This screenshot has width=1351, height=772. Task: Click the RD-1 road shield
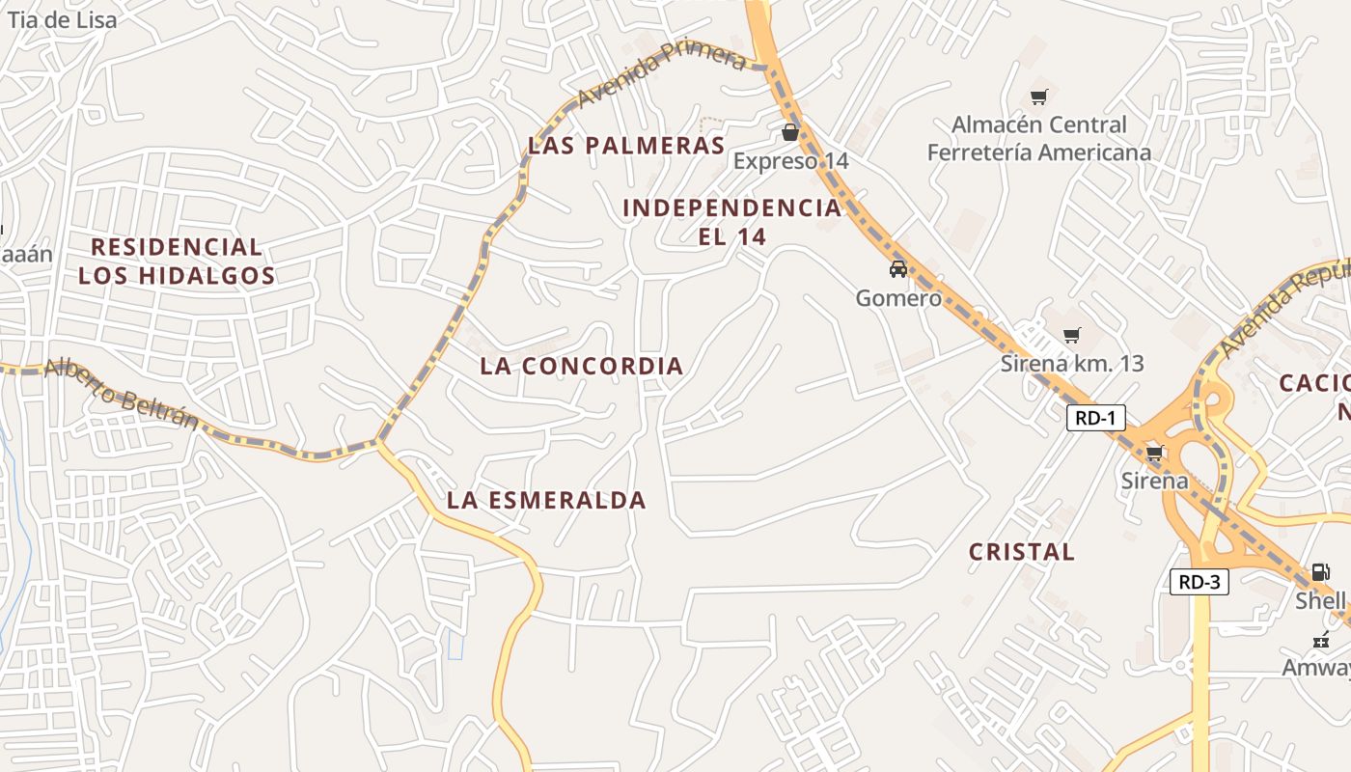tap(1095, 418)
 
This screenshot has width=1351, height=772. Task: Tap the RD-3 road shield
tap(1199, 582)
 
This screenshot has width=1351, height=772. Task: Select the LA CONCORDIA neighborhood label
tap(581, 367)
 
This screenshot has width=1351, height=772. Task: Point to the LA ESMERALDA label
tap(546, 501)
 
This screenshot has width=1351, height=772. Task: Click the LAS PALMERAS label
tap(625, 147)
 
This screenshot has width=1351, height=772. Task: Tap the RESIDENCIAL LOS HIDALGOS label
tap(177, 262)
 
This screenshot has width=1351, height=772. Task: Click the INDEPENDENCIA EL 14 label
tap(731, 222)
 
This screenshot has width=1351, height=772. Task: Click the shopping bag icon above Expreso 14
tap(790, 132)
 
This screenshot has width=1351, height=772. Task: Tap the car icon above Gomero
tap(897, 269)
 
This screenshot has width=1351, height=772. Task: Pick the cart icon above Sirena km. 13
tap(1071, 336)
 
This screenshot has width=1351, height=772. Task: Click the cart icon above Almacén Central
tap(1038, 96)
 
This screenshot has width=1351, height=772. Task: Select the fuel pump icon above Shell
tap(1320, 572)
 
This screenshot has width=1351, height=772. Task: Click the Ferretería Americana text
tap(1038, 152)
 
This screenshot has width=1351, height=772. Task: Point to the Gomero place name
tap(897, 298)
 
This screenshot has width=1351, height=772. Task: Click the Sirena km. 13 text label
tap(1071, 364)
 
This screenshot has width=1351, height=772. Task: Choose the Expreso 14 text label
tap(790, 161)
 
